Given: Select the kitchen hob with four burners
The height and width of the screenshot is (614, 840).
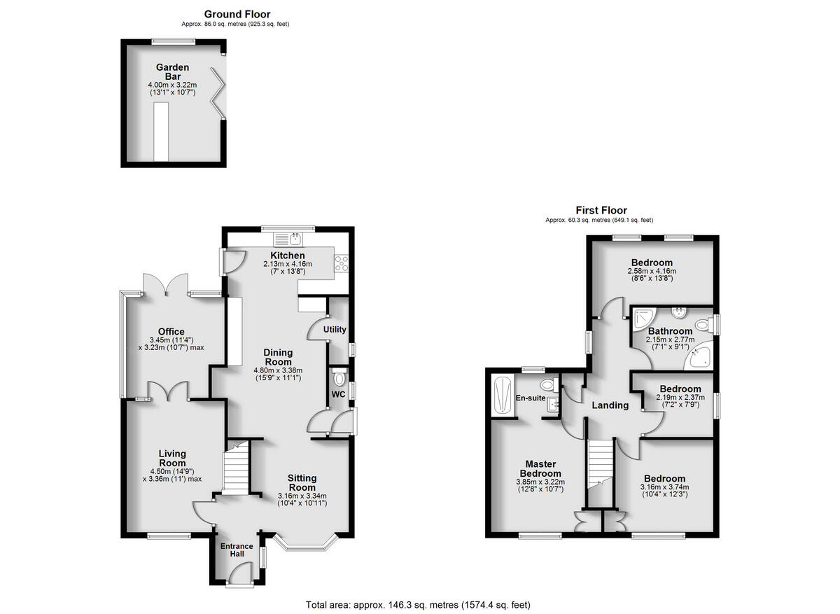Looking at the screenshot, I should [x=342, y=263].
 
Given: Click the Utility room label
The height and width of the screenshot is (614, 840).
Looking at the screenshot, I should [x=335, y=330].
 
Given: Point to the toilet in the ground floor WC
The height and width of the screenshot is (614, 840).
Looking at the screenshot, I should [x=339, y=379].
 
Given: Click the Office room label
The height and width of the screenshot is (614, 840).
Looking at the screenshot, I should [x=171, y=332].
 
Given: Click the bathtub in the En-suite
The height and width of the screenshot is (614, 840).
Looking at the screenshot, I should [x=502, y=396].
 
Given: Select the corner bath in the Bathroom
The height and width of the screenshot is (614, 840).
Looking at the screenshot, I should [x=701, y=356].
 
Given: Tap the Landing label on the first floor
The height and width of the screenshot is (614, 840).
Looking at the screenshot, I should [x=610, y=405].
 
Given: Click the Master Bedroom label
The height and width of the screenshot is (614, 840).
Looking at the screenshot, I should [x=540, y=469].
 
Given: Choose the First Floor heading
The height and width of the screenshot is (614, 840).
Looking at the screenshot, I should [x=601, y=210].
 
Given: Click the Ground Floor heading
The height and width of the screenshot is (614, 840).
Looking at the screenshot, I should [x=237, y=14].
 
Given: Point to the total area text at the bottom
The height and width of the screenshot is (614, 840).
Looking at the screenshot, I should [x=418, y=604].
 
